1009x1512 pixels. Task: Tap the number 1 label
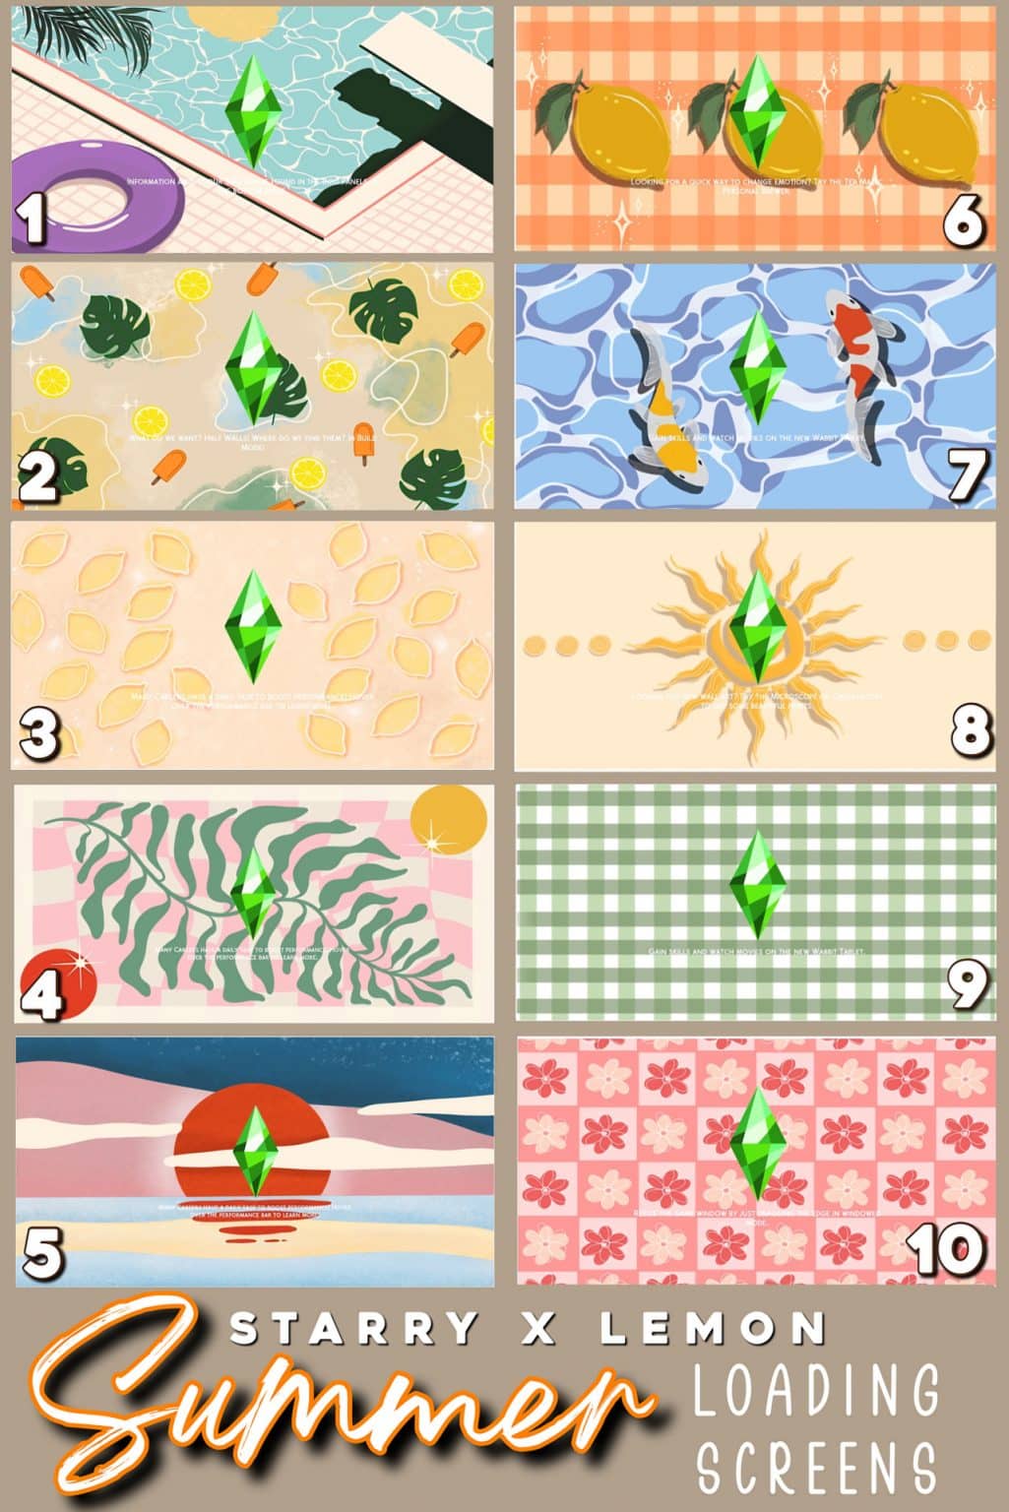pos(34,220)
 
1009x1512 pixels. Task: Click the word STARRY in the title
pos(353,1329)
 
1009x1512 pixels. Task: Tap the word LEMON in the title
pos(713,1329)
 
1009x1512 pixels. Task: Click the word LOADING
pos(816,1389)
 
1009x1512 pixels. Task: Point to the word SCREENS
pos(816,1467)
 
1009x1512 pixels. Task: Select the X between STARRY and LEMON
pos(539,1329)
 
